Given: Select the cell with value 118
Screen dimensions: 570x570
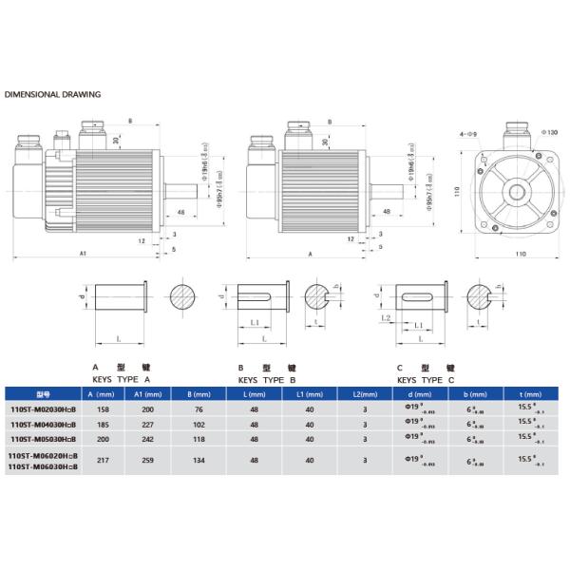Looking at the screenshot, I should tap(199, 439).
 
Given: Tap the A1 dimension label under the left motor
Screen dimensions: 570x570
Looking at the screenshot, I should tap(83, 255).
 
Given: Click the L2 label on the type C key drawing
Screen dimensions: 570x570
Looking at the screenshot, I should tap(386, 319).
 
